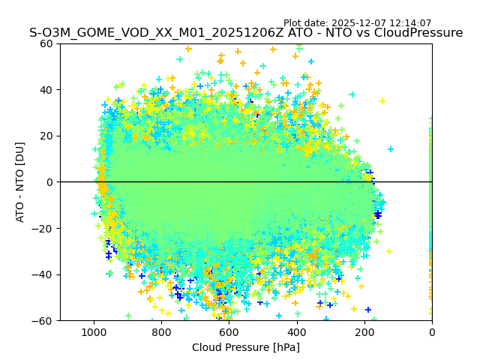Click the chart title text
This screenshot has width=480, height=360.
246,33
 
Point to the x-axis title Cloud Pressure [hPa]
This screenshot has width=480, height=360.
246,347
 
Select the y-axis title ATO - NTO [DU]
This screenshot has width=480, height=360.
20,181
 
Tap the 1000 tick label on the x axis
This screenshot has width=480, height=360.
94,331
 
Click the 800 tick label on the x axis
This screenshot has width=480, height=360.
161,331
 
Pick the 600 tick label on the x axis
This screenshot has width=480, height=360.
229,331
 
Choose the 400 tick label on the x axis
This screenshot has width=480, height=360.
296,331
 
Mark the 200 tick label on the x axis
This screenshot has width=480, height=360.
364,331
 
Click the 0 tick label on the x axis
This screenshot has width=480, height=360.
432,331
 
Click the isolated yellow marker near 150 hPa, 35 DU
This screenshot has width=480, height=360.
382,101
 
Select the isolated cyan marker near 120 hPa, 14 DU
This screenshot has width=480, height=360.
391,149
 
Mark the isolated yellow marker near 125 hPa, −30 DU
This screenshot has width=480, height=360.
388,251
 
